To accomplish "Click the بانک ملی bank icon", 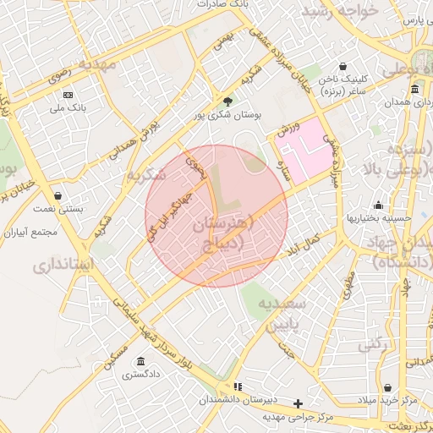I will (x=69, y=94).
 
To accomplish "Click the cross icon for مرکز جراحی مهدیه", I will (x=297, y=403).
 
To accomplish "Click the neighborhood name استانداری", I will (x=65, y=266).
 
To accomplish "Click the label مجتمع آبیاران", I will (x=30, y=232).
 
